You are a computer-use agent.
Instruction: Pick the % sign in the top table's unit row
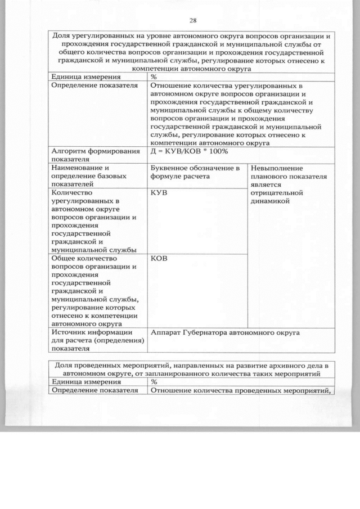click(154, 76)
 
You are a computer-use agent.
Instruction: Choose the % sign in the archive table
click(154, 381)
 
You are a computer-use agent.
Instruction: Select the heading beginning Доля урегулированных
click(191, 51)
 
